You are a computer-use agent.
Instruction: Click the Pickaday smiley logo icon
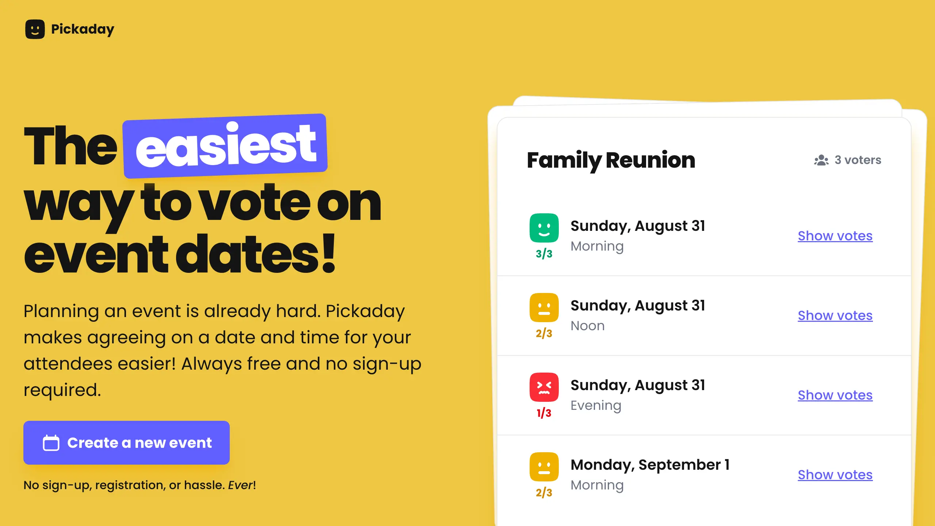(35, 29)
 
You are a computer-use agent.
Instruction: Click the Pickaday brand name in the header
(83, 29)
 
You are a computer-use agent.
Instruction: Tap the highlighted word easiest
(225, 146)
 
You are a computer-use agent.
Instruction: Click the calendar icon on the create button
(51, 443)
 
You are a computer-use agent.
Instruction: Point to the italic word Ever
(241, 485)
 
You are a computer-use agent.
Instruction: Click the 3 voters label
(858, 160)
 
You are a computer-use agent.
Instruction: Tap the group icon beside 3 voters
(821, 160)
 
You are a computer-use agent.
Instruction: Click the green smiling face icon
(544, 228)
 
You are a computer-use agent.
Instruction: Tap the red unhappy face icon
(544, 387)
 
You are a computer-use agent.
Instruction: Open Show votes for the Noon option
(835, 316)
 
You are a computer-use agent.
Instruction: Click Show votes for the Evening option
(835, 395)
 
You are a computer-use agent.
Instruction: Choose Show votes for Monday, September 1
(835, 475)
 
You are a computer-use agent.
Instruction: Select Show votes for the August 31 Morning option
(835, 236)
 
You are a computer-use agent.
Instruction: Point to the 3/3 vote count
(544, 254)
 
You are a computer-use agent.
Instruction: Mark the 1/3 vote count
(544, 413)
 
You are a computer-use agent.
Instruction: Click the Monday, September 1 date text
(650, 465)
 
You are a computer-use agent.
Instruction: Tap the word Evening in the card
(596, 405)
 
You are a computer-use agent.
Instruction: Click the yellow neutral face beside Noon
(544, 308)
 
